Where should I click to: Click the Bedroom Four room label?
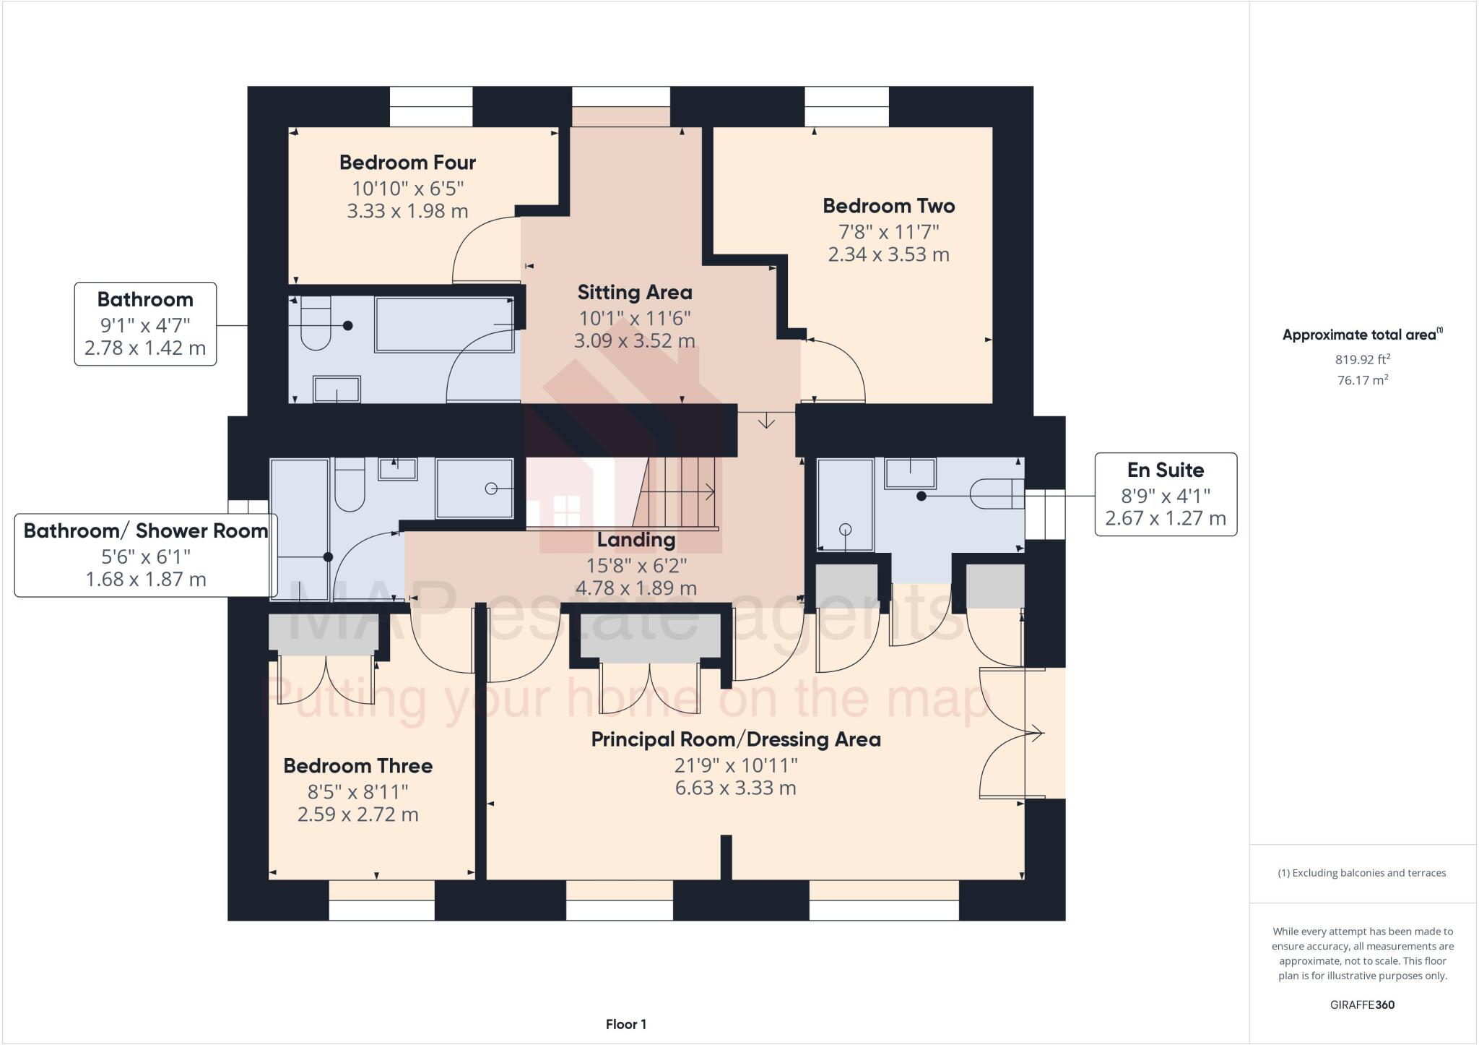[407, 163]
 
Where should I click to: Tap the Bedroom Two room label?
[888, 206]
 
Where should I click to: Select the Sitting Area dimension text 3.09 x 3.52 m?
[634, 340]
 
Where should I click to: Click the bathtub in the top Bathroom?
[444, 324]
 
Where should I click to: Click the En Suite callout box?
[1165, 494]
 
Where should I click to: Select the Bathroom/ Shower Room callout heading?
[146, 531]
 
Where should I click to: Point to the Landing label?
[636, 540]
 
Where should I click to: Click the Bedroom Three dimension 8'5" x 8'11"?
[357, 791]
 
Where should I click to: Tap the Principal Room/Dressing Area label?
[735, 739]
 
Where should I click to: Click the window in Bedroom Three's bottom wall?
[381, 900]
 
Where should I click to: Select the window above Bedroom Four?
[431, 107]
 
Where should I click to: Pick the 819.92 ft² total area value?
[1362, 359]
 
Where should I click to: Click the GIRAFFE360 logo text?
[1362, 1005]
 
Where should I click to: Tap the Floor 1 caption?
[625, 1024]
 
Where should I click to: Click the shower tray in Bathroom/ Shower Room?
[474, 488]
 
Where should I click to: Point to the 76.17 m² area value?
[1362, 380]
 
